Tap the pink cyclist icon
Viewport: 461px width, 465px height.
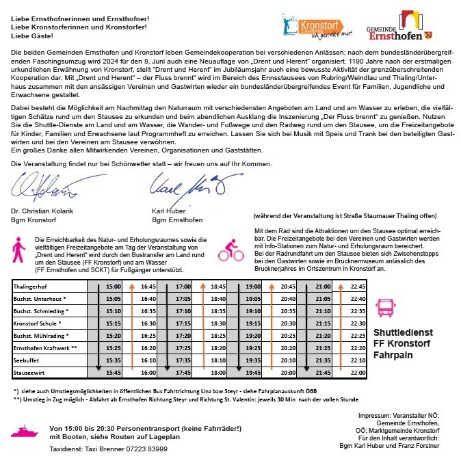point(231,251)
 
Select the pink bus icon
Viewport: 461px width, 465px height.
point(386,310)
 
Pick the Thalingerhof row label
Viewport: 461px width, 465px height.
point(31,287)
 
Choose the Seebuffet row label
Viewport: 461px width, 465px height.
point(28,359)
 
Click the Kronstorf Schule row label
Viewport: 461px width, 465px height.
point(38,323)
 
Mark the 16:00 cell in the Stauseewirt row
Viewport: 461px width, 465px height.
point(148,372)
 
